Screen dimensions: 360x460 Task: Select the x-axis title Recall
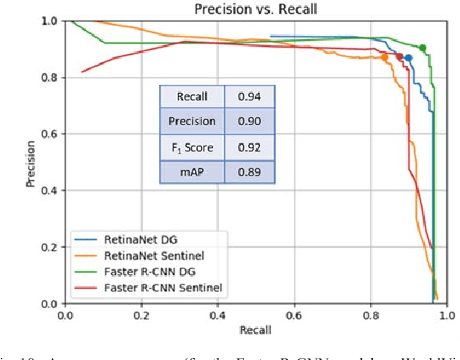(256, 330)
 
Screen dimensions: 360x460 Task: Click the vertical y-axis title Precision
(31, 162)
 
